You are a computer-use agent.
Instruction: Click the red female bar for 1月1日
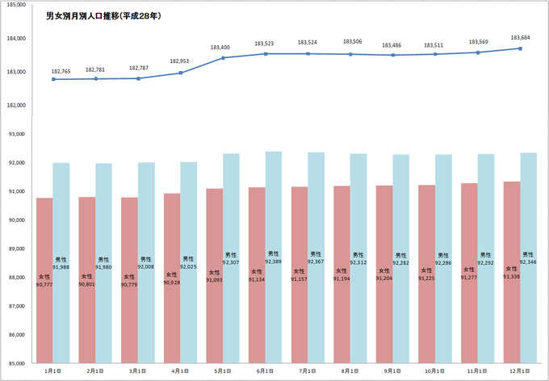coord(45,242)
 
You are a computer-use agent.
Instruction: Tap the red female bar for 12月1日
coord(512,234)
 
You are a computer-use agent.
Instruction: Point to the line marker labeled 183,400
coord(224,57)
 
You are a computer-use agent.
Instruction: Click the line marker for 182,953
coord(181,73)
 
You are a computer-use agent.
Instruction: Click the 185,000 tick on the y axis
coord(16,5)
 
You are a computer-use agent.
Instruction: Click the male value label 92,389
coord(273,262)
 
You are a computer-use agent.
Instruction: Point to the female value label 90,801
coord(87,283)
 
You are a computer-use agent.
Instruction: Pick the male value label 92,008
coord(146,266)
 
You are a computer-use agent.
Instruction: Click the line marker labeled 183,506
coord(350,54)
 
